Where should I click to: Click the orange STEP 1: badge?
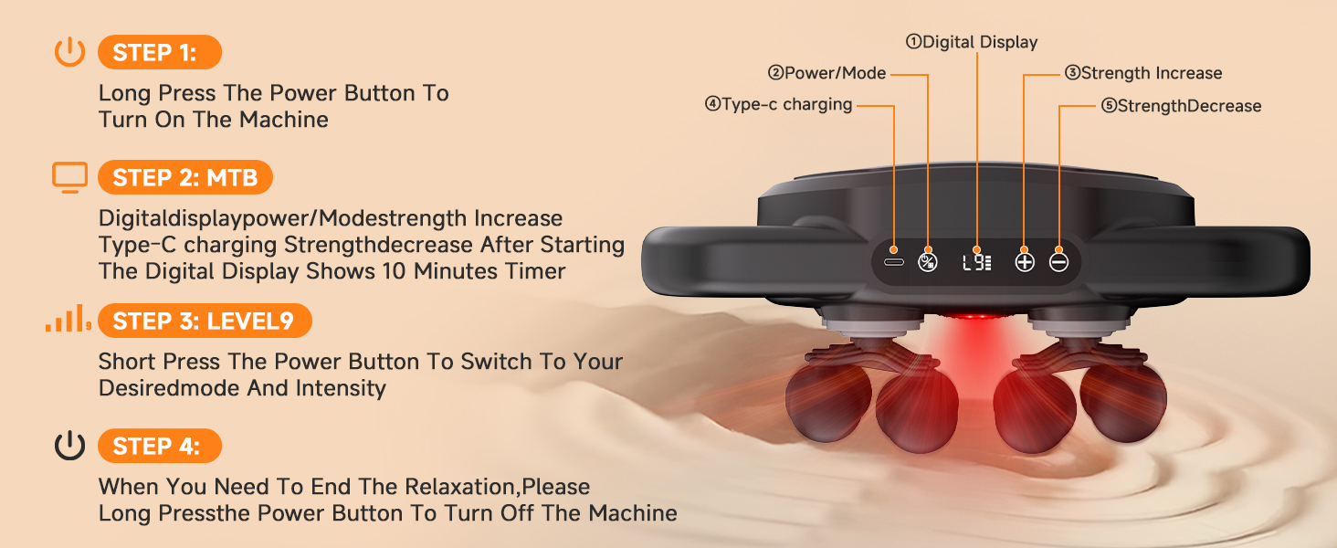point(159,53)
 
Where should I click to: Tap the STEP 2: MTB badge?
point(184,177)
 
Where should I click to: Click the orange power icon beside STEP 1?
point(69,53)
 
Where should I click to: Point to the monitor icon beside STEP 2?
point(69,177)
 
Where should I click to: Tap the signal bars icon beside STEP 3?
point(68,321)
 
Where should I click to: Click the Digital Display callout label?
point(972,42)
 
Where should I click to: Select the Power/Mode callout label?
point(826,73)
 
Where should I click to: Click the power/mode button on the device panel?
point(927,261)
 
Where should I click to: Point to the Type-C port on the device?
point(893,261)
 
